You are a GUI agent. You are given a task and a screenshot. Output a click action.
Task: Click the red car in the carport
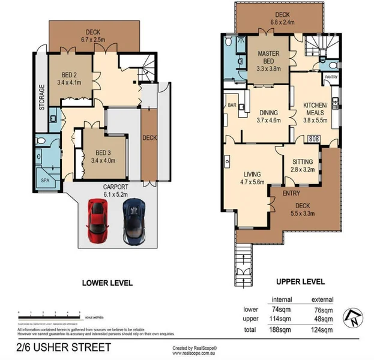pos(97,221)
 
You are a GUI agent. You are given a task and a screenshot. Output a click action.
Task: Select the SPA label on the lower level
pos(44,180)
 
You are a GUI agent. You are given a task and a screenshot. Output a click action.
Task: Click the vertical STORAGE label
pos(41,98)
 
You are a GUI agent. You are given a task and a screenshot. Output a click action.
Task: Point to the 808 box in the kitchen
pos(313,139)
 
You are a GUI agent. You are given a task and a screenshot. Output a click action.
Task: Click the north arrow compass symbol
pos(354,316)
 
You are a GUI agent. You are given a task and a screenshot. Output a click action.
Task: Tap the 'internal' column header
pos(282,299)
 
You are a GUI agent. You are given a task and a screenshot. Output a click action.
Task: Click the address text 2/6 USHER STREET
pos(64,347)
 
